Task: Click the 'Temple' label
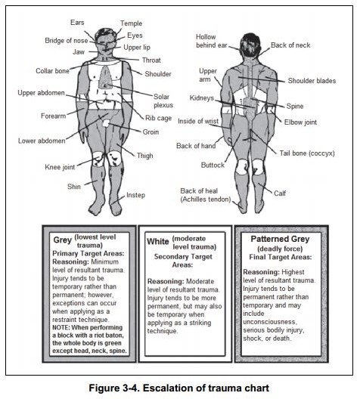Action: click(x=131, y=23)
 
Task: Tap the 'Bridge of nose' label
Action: click(x=67, y=41)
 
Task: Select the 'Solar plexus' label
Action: click(x=163, y=101)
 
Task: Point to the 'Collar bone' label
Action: click(x=52, y=71)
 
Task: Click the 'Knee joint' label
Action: click(x=60, y=167)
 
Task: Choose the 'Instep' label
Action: click(x=135, y=195)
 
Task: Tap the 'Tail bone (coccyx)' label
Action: click(x=307, y=153)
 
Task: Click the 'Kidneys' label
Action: click(x=202, y=98)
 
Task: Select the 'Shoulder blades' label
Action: click(x=312, y=81)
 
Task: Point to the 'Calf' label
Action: click(x=280, y=193)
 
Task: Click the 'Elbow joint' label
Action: click(x=300, y=122)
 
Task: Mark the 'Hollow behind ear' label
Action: click(x=211, y=41)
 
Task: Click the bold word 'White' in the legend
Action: click(x=158, y=242)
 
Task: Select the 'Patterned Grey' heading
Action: click(x=280, y=239)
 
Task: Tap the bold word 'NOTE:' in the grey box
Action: click(x=61, y=327)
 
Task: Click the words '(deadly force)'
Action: click(x=280, y=249)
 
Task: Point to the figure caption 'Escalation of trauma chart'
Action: click(x=206, y=388)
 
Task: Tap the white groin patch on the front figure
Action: click(x=106, y=124)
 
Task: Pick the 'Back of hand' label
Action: click(x=196, y=146)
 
